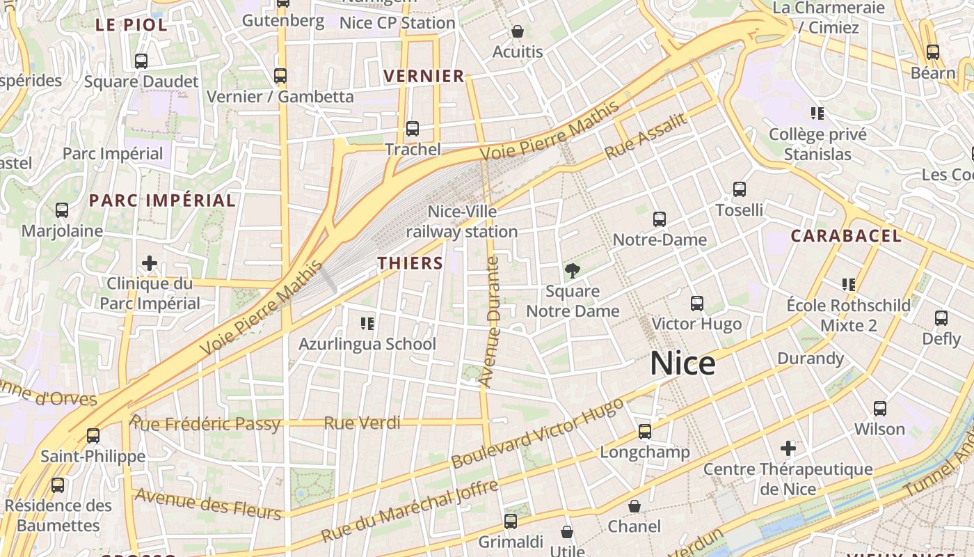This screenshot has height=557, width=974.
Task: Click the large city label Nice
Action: click(682, 363)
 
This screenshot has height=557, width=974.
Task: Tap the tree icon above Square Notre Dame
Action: click(573, 270)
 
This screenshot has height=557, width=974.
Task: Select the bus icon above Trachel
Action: click(413, 129)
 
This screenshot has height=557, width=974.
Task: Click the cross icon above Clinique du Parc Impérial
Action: click(150, 263)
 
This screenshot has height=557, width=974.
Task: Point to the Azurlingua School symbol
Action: click(367, 323)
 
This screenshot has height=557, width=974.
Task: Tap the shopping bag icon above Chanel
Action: click(634, 505)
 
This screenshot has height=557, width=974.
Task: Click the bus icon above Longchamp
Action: click(645, 432)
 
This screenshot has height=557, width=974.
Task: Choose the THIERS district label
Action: click(410, 263)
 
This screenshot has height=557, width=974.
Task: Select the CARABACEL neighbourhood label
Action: click(846, 236)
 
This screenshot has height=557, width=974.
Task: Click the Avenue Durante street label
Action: click(490, 322)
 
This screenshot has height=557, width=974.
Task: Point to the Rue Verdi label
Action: click(362, 423)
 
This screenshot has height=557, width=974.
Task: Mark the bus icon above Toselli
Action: click(740, 189)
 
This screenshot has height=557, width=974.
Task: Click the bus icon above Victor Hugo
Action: click(696, 303)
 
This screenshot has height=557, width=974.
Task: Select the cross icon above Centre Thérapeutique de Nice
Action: click(788, 448)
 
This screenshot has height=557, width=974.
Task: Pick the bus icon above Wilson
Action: click(880, 408)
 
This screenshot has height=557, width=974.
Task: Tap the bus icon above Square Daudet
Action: click(141, 61)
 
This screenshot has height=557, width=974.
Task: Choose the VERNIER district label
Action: click(424, 76)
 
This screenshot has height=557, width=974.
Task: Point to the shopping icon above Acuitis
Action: click(518, 31)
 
